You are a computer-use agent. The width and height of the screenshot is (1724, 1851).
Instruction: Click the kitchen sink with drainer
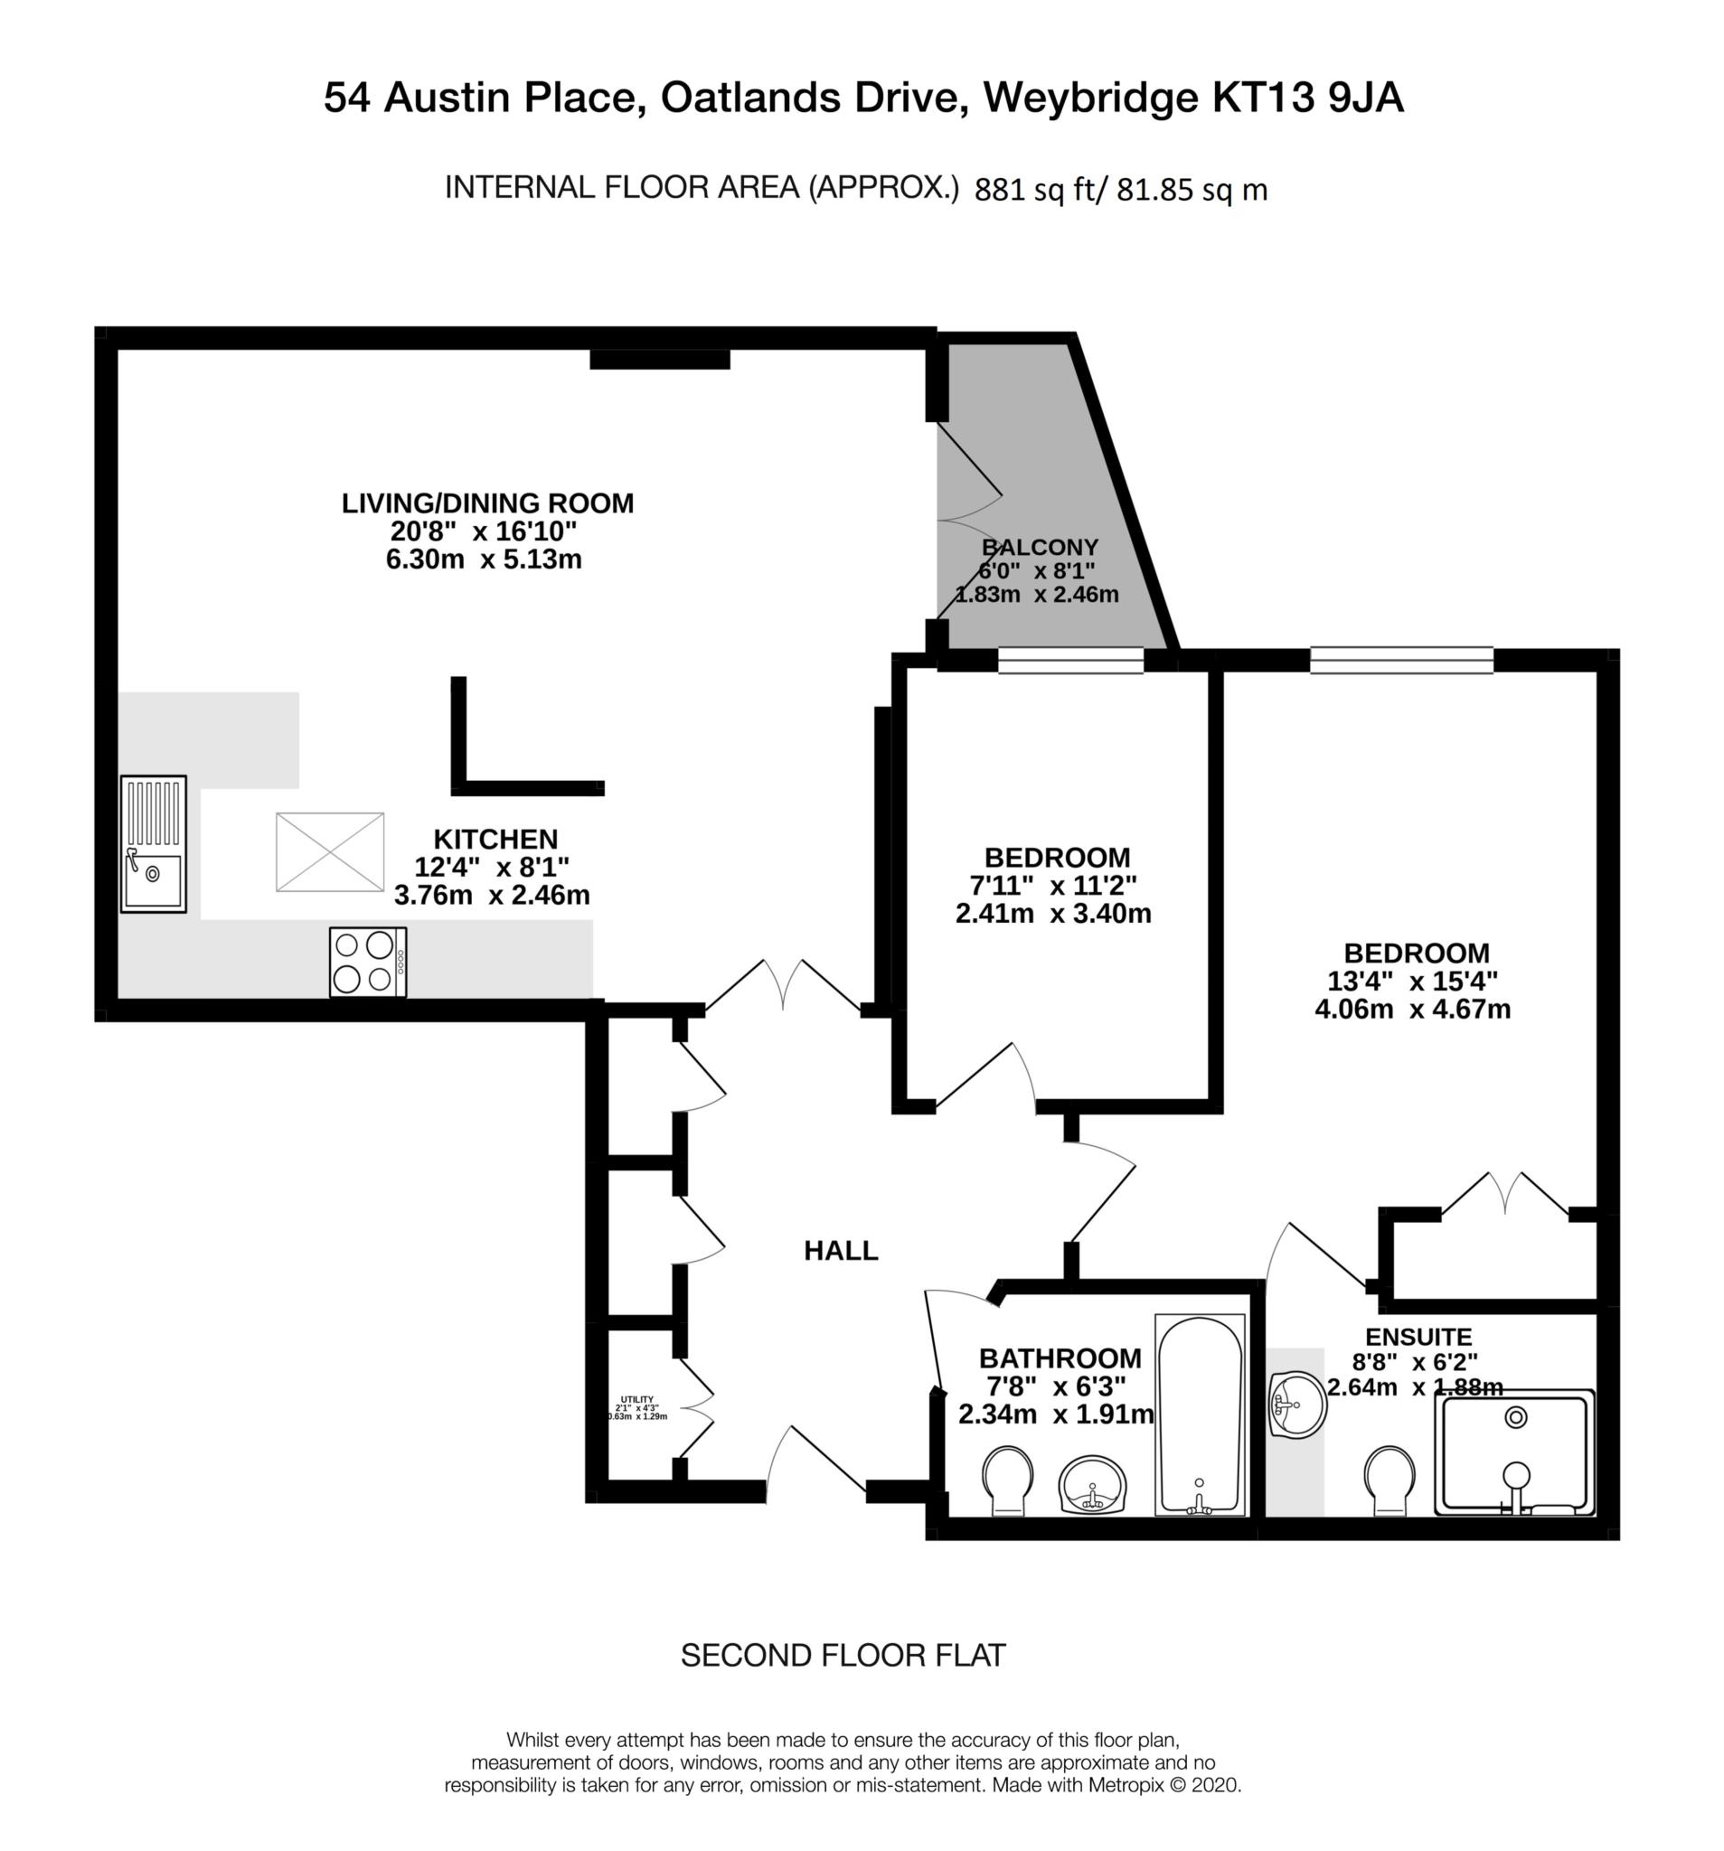click(154, 843)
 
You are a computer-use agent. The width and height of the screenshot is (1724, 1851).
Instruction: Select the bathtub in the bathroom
click(1200, 1414)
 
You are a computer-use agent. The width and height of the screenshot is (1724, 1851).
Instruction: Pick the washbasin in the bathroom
click(1092, 1484)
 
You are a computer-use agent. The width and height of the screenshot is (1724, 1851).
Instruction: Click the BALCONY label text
click(1040, 547)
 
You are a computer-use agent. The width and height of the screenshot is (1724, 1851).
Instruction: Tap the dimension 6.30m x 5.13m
click(484, 559)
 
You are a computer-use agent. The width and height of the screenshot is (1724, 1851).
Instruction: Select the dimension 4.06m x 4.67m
click(1412, 1010)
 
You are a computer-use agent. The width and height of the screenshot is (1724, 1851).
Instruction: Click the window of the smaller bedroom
click(1070, 660)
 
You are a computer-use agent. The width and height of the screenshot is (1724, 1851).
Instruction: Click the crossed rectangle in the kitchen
click(330, 852)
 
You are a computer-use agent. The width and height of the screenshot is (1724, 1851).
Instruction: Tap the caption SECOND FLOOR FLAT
click(843, 1656)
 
